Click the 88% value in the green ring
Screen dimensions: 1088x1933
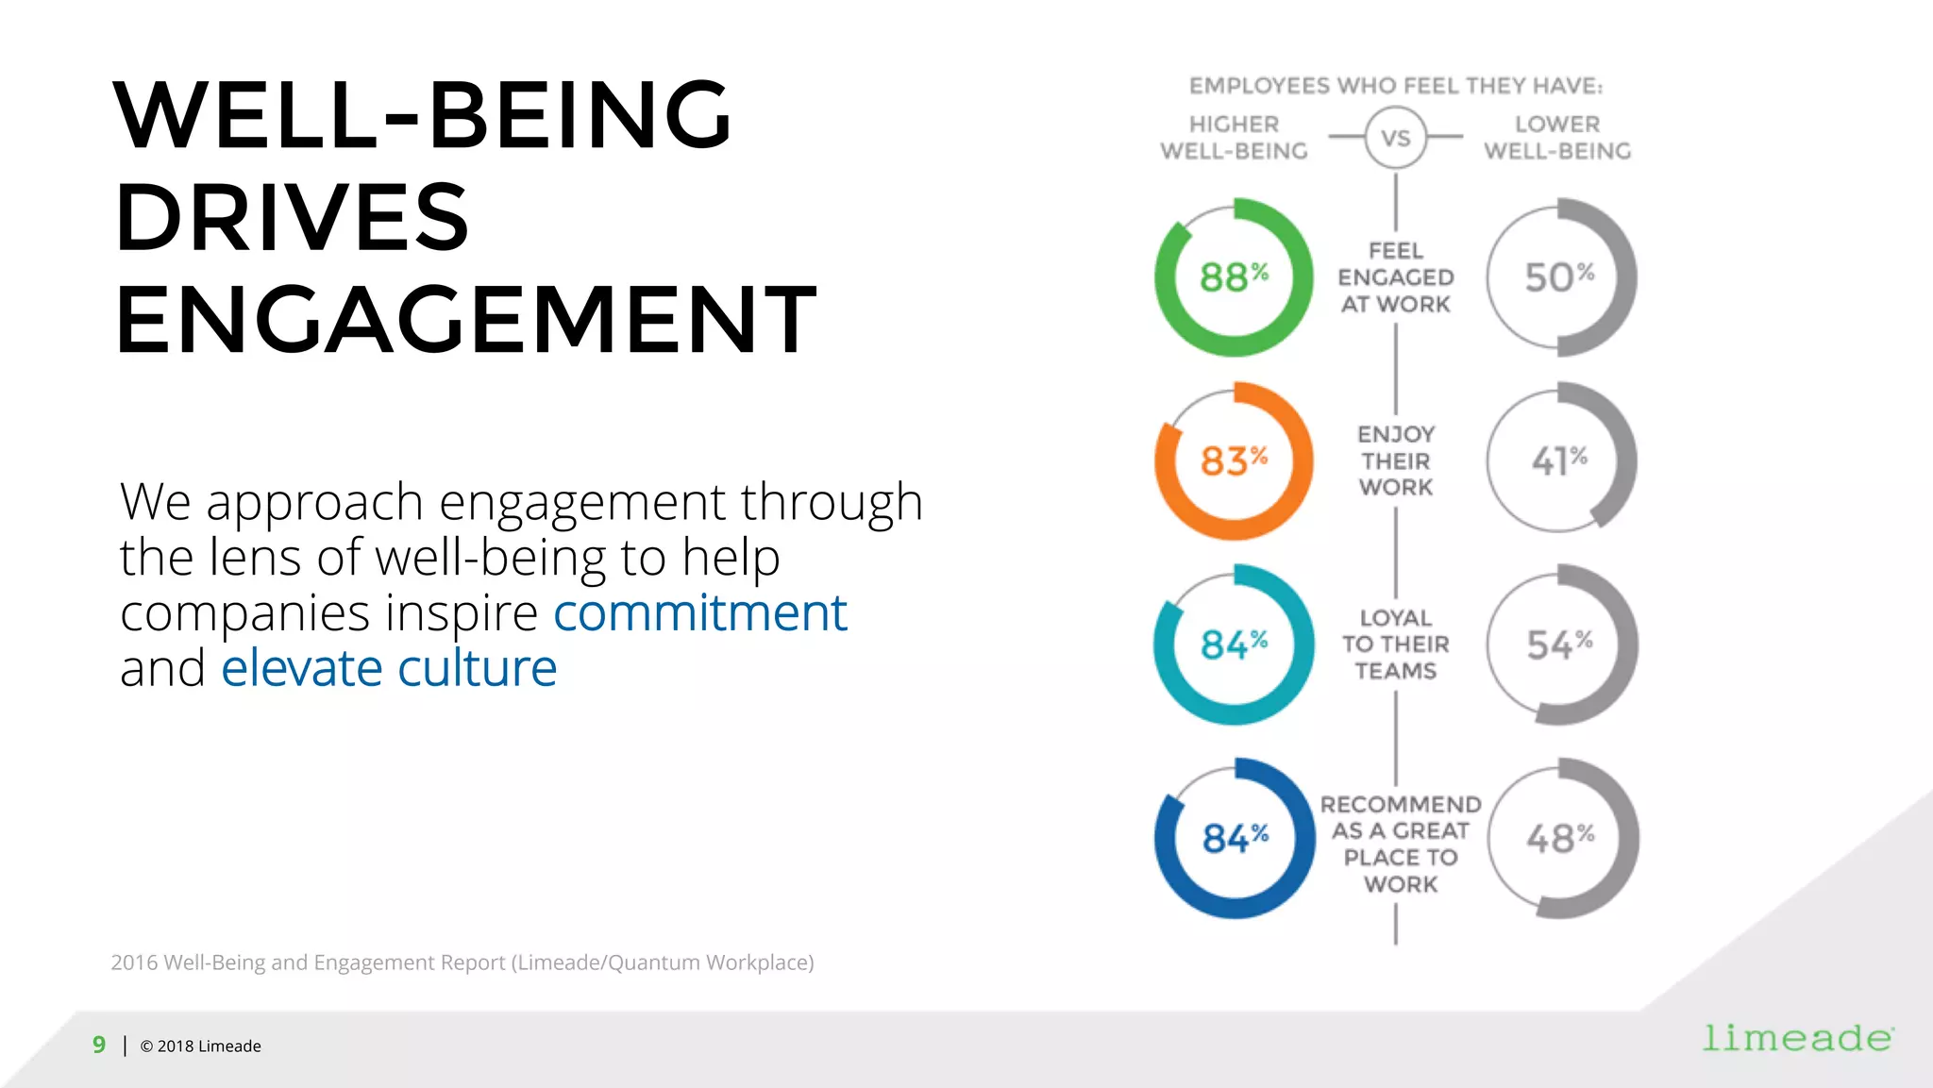[x=1234, y=277]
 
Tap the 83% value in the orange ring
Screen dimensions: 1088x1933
[x=1234, y=461]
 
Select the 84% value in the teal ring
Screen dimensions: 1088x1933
[x=1234, y=644]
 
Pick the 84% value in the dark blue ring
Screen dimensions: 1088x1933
[x=1235, y=838]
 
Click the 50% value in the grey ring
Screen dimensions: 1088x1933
[x=1559, y=277]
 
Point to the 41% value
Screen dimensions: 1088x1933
[x=1559, y=461]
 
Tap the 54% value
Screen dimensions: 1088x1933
[x=1559, y=644]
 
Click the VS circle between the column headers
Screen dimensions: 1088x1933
[x=1396, y=138]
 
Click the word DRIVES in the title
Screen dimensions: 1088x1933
[x=293, y=218]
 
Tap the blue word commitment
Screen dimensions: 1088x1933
[x=699, y=612]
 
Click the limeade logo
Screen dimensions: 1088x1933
[x=1797, y=1038]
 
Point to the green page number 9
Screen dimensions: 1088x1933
[x=99, y=1045]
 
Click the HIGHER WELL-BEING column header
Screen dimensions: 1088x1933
[x=1234, y=138]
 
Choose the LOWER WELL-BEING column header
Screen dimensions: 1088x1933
[x=1557, y=138]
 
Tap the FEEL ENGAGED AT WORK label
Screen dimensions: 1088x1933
[x=1396, y=277]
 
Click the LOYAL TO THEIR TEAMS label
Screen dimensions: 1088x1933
[x=1396, y=644]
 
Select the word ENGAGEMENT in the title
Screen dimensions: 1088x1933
[x=466, y=321]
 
